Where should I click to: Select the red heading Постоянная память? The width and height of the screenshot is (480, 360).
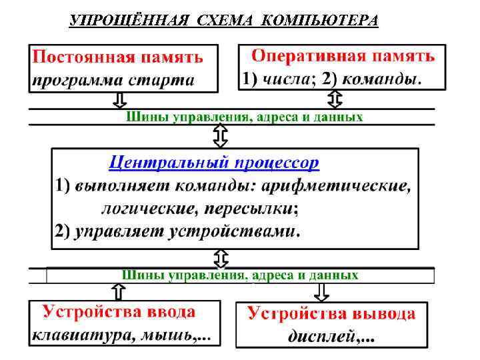coord(118,57)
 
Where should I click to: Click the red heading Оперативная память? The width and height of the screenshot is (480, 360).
coord(343,55)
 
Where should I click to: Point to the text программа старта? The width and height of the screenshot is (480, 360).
coord(113,81)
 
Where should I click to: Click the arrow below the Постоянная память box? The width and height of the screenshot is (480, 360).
coord(119,100)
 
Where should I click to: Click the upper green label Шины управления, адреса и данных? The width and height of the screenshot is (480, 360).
coord(245,117)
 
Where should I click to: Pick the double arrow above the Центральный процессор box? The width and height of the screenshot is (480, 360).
coord(220,136)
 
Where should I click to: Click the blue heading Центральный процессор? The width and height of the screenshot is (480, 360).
coord(213,162)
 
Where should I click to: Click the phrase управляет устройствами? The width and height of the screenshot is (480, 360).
coord(186,231)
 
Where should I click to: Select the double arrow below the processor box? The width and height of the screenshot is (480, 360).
coord(220,258)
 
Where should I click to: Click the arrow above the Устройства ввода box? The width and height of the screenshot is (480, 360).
coord(117,291)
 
